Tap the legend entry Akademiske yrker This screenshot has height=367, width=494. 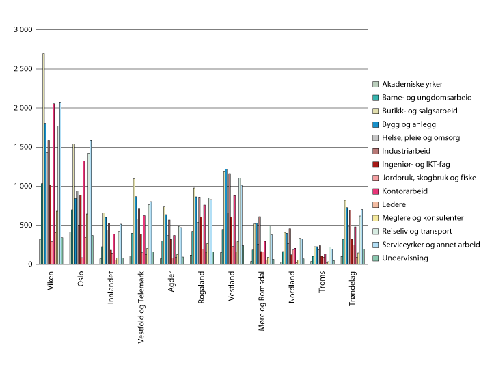[x=406, y=84]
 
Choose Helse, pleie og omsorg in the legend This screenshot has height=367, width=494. [x=421, y=137]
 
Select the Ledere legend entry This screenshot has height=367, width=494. [x=396, y=204]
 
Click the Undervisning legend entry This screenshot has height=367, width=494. [x=405, y=258]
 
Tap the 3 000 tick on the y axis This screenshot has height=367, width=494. [x=23, y=30]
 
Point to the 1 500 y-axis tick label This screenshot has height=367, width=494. [x=23, y=147]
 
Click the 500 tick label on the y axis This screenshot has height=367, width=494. [x=26, y=225]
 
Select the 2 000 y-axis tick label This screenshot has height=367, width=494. [x=23, y=108]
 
